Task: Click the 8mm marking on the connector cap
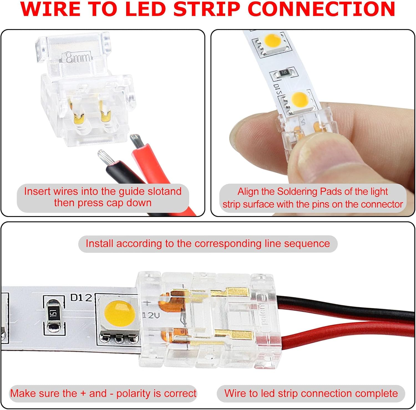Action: [x=78, y=58]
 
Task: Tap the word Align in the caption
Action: [x=248, y=192]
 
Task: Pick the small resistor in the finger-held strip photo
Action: [x=283, y=73]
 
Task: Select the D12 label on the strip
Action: [x=81, y=298]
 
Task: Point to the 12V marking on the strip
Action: [x=151, y=315]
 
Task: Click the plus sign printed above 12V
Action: [x=147, y=303]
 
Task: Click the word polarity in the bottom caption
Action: [x=134, y=393]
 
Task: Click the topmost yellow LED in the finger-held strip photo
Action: [x=273, y=41]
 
